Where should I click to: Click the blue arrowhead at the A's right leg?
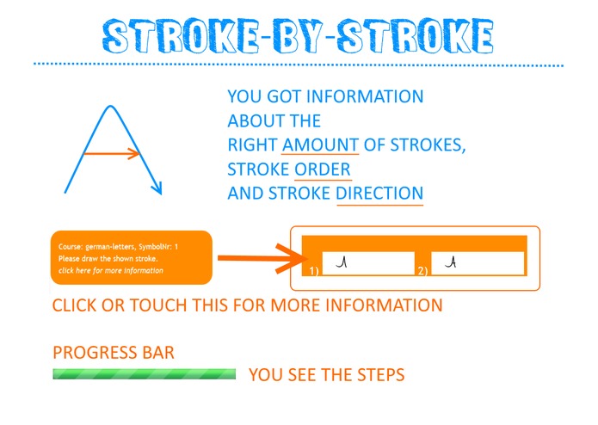coord(157,188)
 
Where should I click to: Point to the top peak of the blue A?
coord(109,106)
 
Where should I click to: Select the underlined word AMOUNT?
coord(320,145)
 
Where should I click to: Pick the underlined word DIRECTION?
coord(379,193)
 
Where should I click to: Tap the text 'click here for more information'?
coord(110,270)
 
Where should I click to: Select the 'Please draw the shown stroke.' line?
coord(108,258)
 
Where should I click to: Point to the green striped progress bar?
coord(144,374)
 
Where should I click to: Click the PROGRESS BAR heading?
coord(113,353)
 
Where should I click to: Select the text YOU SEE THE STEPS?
coord(326,375)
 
